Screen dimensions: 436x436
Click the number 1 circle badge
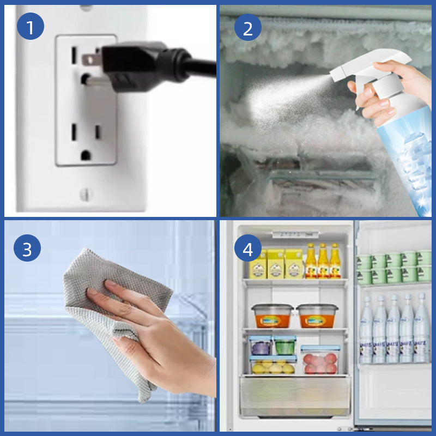pos(30,27)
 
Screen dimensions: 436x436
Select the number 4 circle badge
pos(248,250)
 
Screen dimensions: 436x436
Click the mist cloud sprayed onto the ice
pos(272,98)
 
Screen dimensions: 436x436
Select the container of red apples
pos(320,360)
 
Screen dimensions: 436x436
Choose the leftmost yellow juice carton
pos(258,265)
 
